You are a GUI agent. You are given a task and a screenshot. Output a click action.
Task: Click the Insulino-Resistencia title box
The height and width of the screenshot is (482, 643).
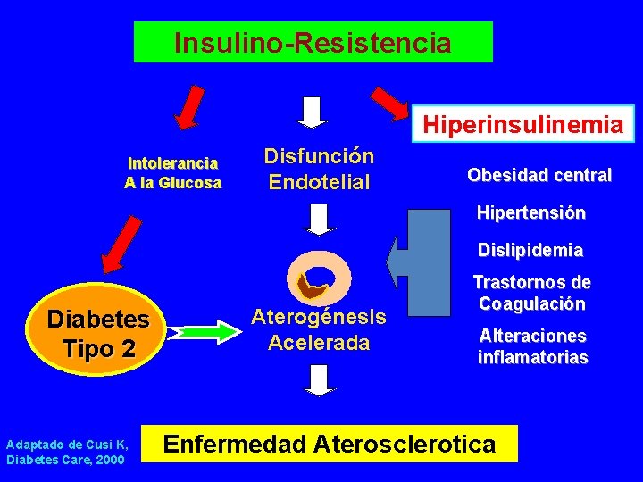point(313,42)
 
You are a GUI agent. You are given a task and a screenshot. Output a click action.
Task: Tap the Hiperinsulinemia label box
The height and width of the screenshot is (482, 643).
point(522,125)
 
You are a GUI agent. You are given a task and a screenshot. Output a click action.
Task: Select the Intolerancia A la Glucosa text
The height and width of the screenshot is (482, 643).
point(174,173)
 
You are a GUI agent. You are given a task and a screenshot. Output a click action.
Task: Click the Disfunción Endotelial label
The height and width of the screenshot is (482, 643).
point(319,170)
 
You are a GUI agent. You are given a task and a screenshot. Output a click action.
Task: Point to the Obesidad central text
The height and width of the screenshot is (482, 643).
point(539,175)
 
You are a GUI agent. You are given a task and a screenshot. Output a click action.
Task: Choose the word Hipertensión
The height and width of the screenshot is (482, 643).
point(530,213)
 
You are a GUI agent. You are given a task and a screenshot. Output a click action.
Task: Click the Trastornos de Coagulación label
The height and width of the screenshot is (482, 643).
point(531,294)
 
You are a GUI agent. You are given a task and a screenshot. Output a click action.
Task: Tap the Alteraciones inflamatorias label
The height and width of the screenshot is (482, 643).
point(532,347)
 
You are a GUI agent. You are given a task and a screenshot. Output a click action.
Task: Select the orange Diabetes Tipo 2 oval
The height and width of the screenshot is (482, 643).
point(97,333)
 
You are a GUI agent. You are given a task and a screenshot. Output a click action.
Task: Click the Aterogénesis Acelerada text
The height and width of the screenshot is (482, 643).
point(319,329)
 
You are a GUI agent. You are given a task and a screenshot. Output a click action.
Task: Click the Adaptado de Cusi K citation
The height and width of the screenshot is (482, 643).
point(66,452)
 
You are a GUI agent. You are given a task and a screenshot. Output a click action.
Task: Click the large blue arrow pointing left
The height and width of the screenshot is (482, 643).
point(420,264)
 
